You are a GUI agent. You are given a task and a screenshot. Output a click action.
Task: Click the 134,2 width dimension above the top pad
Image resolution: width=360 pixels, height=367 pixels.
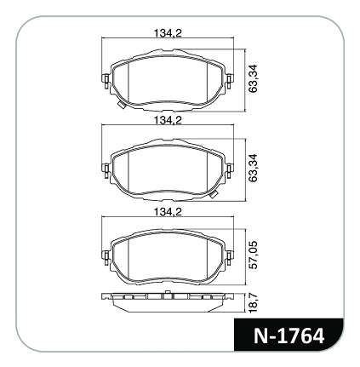click(x=168, y=33)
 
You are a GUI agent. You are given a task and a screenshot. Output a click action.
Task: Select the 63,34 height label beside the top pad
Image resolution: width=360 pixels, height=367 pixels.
click(x=253, y=78)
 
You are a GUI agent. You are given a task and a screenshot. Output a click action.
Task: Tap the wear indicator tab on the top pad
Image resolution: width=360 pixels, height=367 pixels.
click(x=123, y=105)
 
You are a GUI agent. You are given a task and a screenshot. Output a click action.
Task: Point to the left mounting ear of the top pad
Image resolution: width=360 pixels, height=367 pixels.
click(x=106, y=82)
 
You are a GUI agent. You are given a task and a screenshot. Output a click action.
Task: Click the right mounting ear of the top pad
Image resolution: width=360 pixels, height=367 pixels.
click(x=230, y=82)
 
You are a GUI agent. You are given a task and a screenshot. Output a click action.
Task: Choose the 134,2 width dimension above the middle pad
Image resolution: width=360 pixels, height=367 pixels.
click(x=168, y=121)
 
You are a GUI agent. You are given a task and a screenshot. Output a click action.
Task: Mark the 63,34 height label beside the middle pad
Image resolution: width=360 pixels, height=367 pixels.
click(x=253, y=168)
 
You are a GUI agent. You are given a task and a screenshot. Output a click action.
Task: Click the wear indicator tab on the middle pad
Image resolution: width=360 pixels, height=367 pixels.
click(x=213, y=194)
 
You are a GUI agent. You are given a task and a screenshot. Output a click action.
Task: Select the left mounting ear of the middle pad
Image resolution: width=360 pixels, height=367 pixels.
click(x=106, y=171)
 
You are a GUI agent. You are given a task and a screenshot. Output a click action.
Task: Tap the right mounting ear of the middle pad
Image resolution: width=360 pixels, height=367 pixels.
click(x=230, y=171)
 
